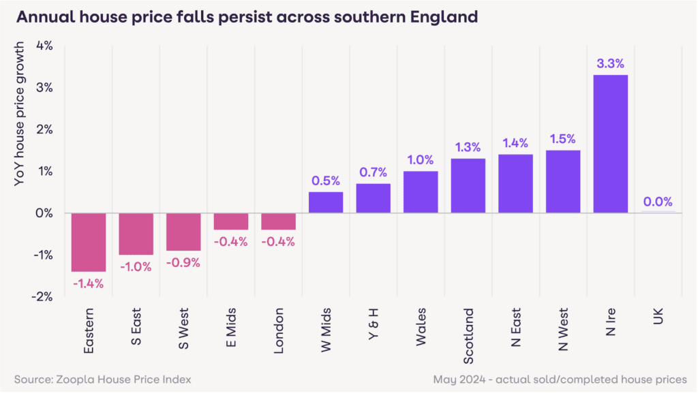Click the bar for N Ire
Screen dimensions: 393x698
[610, 144]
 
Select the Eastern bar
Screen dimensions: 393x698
[89, 242]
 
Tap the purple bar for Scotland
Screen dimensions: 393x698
[468, 185]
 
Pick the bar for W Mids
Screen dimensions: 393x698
[326, 202]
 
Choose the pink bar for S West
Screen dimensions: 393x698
[183, 232]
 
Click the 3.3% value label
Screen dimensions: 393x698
[610, 63]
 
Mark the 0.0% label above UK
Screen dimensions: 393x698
[658, 202]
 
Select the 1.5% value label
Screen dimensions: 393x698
[563, 139]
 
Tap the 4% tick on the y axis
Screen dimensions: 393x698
[45, 46]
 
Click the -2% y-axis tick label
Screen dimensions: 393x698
[44, 296]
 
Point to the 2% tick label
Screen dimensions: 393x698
[45, 129]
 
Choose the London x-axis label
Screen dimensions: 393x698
[279, 334]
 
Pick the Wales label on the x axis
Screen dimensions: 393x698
[421, 328]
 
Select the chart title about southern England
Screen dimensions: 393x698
[246, 17]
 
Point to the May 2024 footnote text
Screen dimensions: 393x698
[560, 379]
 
